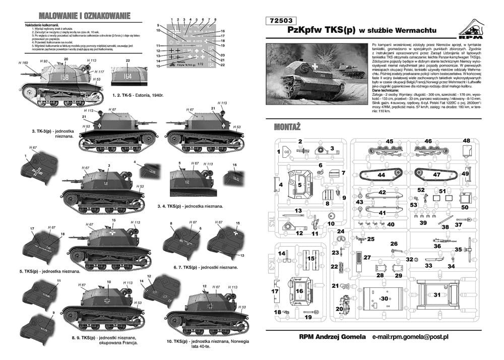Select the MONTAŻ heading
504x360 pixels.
(289, 126)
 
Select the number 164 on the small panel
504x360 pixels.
(128, 77)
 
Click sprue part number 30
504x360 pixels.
(385, 298)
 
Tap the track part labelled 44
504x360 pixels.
(382, 175)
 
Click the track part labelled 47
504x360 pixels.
(436, 175)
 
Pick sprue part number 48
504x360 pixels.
(466, 141)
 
